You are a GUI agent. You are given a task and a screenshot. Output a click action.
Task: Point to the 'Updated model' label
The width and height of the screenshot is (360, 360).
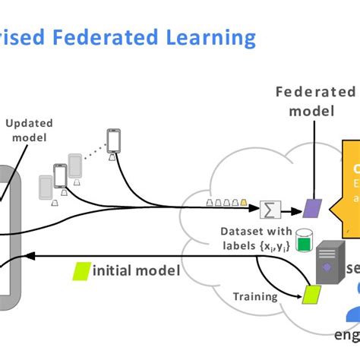point(27,130)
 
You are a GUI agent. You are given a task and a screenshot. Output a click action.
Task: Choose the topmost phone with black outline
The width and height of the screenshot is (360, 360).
point(114,141)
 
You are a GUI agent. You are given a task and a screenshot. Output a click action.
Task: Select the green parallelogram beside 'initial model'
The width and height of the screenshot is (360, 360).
point(80,270)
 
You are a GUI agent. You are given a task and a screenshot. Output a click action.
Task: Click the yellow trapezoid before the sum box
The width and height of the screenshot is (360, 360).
point(244,204)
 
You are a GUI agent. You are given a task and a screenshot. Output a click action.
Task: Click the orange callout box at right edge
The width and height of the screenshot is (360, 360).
point(351,182)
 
